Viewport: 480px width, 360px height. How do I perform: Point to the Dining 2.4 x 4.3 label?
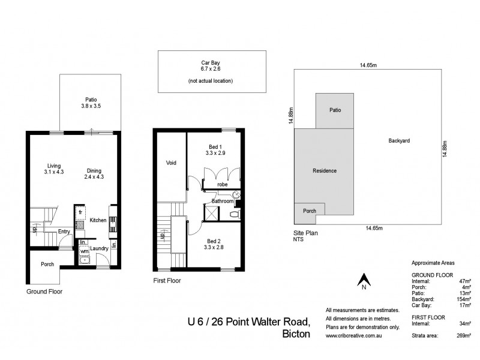tap(95, 173)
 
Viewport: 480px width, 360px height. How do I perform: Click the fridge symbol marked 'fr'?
tap(80, 212)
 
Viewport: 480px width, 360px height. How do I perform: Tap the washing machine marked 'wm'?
tap(84, 251)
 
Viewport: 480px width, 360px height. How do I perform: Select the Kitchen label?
tap(98, 220)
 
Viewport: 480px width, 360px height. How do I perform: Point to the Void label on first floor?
tap(172, 162)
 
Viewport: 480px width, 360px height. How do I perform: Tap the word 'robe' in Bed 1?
tap(222, 184)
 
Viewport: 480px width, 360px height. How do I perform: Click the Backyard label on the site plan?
tap(398, 141)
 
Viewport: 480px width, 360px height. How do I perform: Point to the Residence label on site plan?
tap(325, 170)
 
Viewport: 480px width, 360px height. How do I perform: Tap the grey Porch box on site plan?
tap(309, 211)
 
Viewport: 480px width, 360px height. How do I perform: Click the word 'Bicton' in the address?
tap(296, 334)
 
